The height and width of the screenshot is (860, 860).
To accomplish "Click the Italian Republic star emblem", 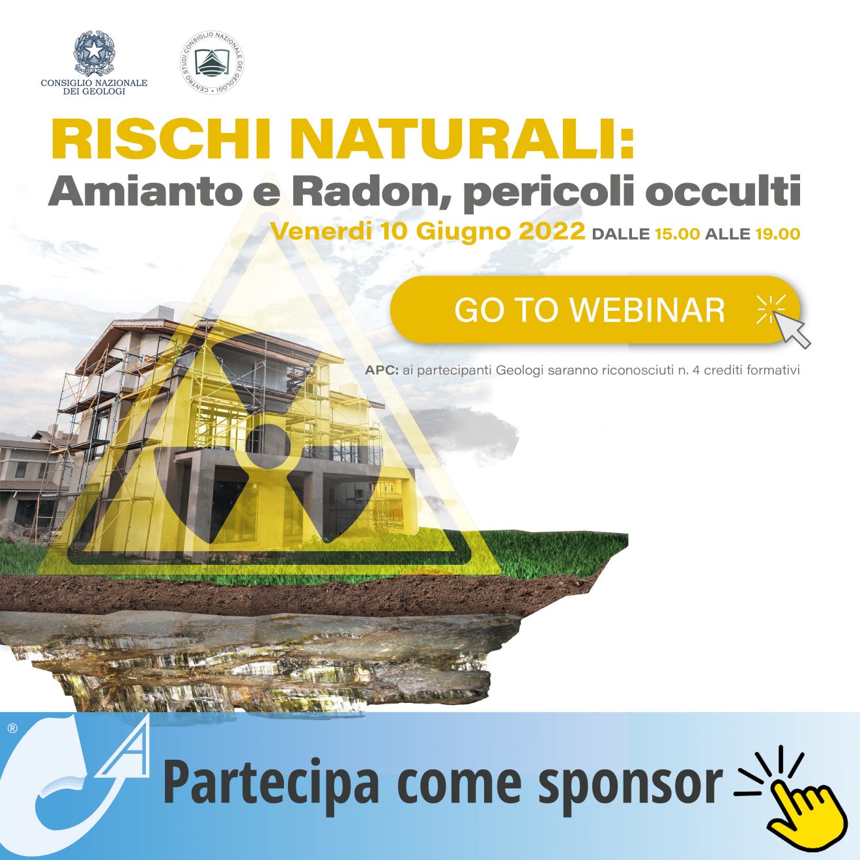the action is (94, 53).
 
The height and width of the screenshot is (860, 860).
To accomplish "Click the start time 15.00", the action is (676, 234).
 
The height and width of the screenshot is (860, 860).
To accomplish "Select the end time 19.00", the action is (777, 234).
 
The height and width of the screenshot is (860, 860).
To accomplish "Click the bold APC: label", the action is (382, 370).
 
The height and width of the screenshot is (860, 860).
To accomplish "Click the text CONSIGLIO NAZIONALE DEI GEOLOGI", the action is (94, 87).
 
